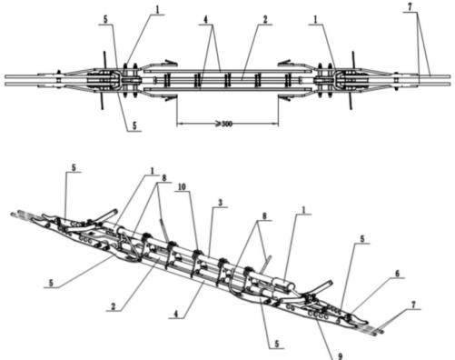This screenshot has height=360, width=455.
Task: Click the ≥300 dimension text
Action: click(224, 124)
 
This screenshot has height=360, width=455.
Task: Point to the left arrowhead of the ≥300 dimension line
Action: click(180, 124)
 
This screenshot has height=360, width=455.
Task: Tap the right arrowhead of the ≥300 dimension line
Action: click(275, 124)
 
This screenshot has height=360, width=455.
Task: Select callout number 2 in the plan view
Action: click(265, 20)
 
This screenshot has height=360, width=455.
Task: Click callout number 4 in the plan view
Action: click(205, 20)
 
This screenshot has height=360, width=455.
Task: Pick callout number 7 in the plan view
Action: click(410, 7)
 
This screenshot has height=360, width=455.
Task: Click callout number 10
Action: click(182, 187)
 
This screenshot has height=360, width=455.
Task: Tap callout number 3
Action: click(221, 203)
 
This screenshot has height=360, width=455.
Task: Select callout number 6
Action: click(398, 274)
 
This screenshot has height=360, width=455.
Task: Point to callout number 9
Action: click(341, 355)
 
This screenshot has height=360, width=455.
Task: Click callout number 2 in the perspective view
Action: click(114, 306)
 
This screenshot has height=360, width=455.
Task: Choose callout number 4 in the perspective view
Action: click(175, 315)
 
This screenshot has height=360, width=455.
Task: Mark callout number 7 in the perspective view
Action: click(413, 305)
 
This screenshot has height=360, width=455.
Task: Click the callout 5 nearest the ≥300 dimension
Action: click(134, 125)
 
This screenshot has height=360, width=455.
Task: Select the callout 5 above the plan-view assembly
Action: click(105, 20)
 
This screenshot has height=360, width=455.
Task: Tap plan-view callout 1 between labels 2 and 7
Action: click(315, 20)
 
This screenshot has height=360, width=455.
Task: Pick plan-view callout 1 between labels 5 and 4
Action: click(157, 9)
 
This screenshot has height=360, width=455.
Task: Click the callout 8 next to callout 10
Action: click(164, 178)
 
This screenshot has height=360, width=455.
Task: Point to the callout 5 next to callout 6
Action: click(362, 239)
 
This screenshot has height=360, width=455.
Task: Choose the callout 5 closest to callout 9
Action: click(277, 344)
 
